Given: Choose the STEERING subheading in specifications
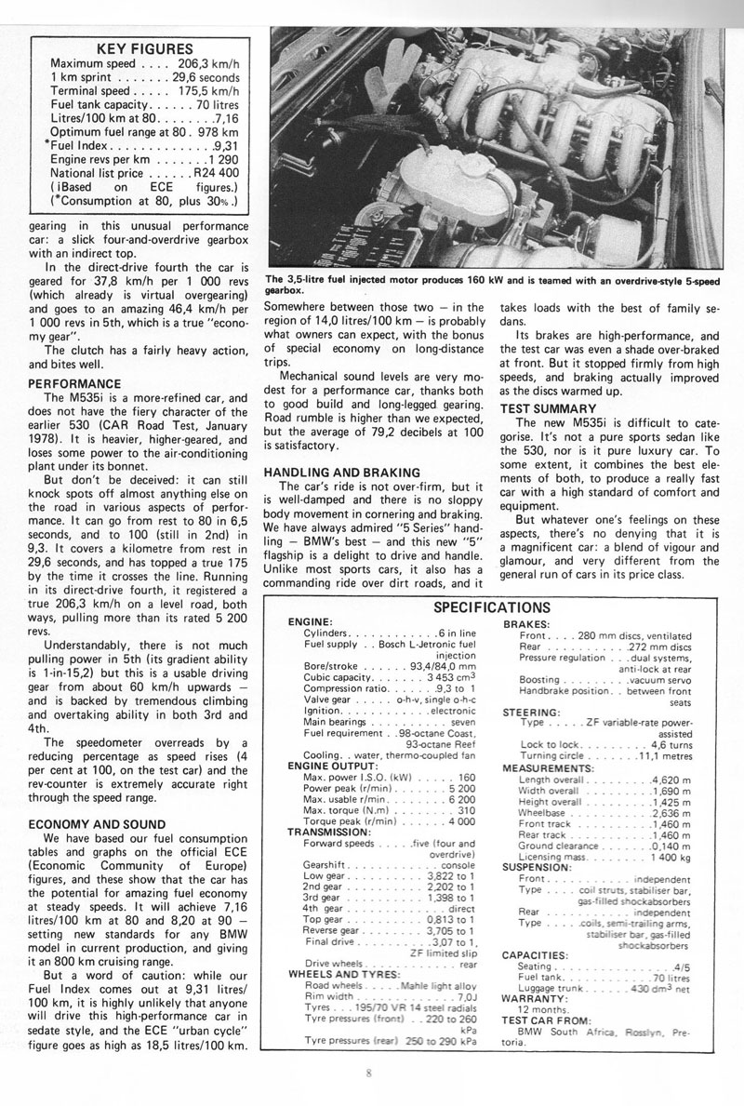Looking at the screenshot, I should pyautogui.click(x=531, y=686).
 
